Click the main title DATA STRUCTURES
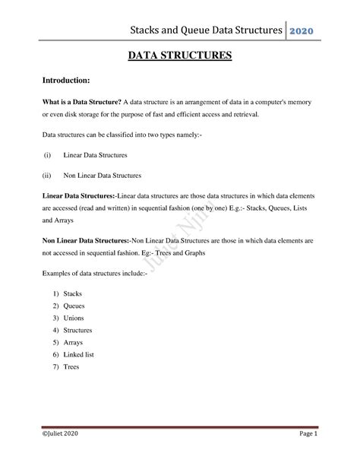(x=179, y=55)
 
